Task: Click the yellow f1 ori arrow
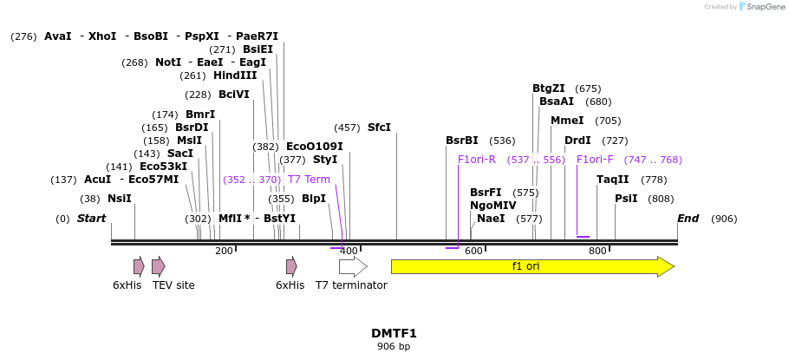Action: [531, 266]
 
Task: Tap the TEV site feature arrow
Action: [158, 266]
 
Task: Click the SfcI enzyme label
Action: [379, 128]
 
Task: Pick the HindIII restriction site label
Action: [235, 75]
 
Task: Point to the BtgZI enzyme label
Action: [548, 88]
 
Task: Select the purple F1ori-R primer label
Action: [476, 160]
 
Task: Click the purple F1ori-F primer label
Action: [595, 160]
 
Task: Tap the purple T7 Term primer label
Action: [309, 180]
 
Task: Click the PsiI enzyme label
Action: [625, 199]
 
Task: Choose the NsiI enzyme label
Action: [119, 199]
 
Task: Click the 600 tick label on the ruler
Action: [473, 252]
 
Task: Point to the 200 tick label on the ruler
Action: [224, 252]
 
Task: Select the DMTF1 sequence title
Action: [394, 333]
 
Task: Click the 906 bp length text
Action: [394, 346]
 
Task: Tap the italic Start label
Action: [91, 219]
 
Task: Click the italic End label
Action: [688, 219]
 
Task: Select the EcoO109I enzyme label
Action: [314, 147]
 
